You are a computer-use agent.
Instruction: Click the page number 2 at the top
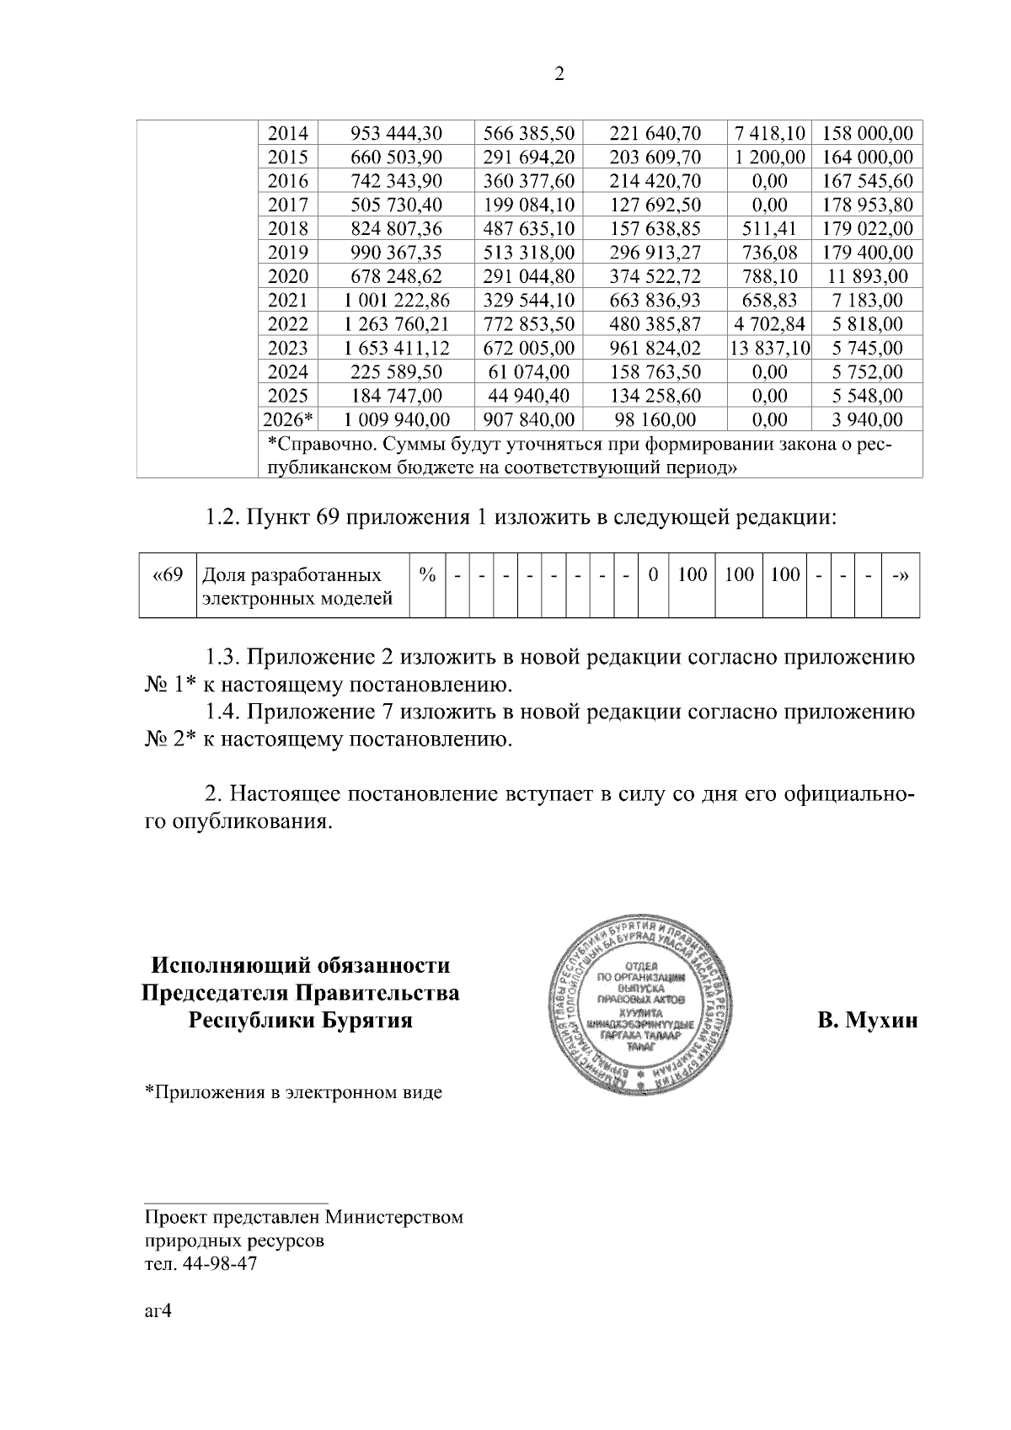(x=559, y=75)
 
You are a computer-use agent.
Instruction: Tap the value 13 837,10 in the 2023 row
(x=771, y=348)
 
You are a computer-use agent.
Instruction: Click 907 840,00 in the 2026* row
(x=529, y=419)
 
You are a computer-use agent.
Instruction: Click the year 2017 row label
(x=288, y=205)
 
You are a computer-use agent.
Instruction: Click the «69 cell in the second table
(x=167, y=576)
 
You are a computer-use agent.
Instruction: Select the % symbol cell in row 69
(x=427, y=575)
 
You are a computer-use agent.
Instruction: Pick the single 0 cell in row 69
(x=653, y=575)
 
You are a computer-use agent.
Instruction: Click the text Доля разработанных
(x=291, y=576)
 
